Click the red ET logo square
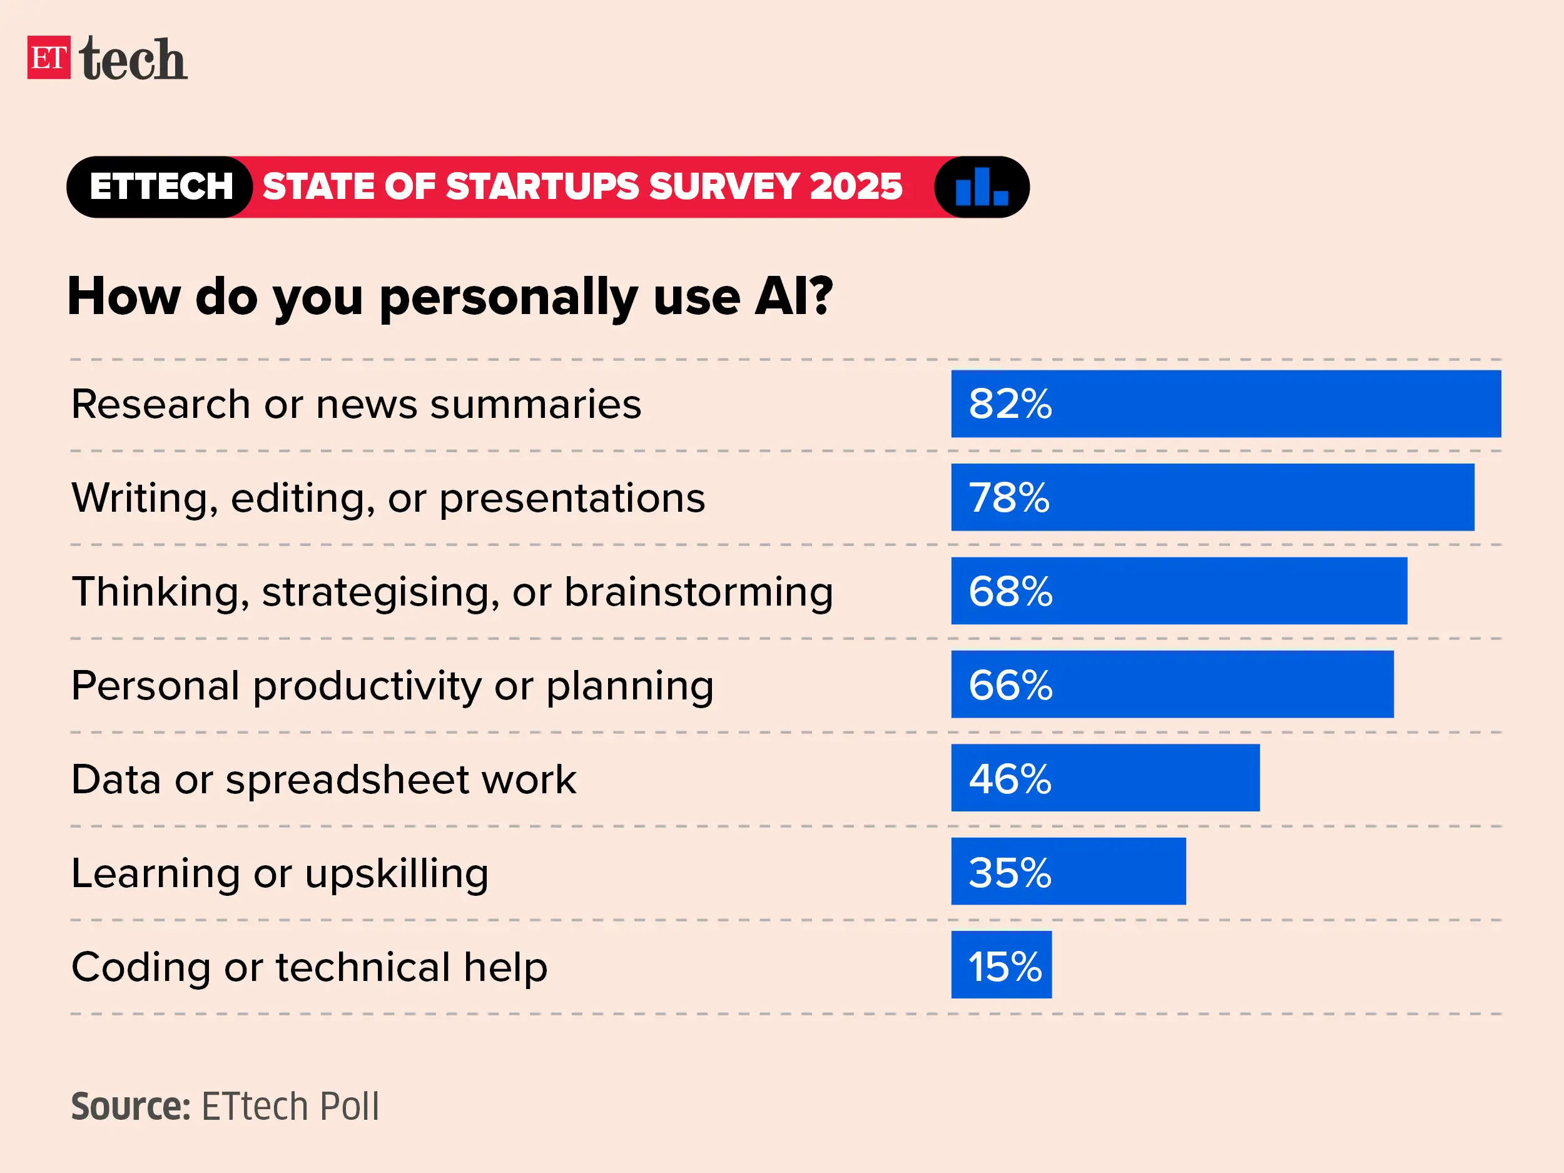(x=49, y=58)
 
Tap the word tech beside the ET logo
(x=133, y=59)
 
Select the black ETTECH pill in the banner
(x=161, y=186)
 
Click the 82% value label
(x=1010, y=404)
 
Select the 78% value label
(x=1009, y=497)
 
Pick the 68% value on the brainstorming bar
(x=1010, y=591)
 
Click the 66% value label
(x=1010, y=684)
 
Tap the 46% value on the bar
(x=1010, y=778)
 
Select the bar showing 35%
(x=1068, y=871)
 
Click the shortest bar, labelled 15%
(x=1001, y=965)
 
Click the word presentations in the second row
(x=572, y=499)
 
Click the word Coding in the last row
(x=141, y=967)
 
